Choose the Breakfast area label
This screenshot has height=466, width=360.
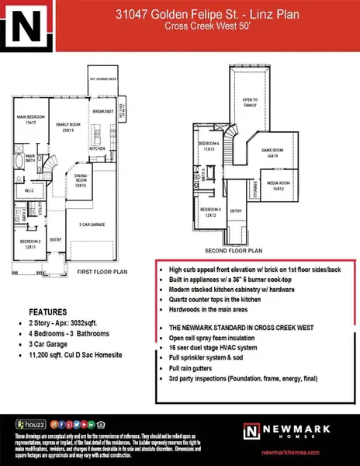pos(104,110)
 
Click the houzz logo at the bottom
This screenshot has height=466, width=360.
pos(29,425)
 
